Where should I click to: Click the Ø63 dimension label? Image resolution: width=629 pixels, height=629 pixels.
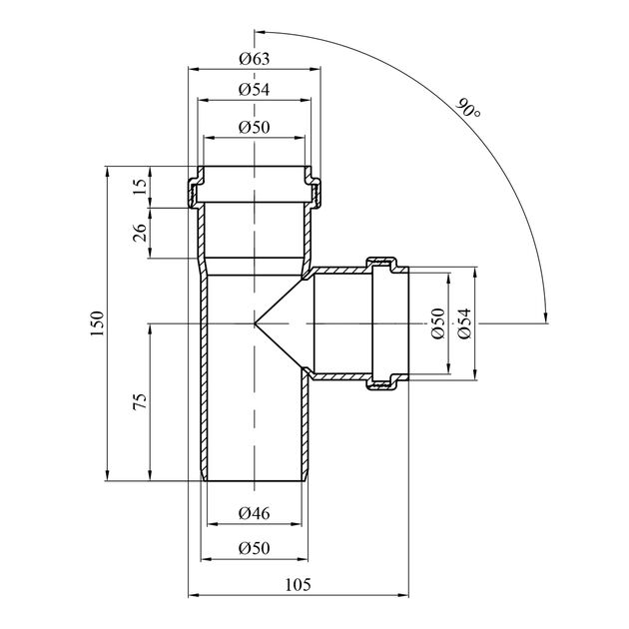[x=256, y=58]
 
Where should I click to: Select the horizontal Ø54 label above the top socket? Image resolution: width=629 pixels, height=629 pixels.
[x=256, y=90]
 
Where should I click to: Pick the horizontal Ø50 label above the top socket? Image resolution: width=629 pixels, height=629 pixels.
[x=256, y=127]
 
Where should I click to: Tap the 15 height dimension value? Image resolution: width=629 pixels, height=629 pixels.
[x=140, y=185]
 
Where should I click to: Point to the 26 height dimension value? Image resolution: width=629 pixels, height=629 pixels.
[x=140, y=232]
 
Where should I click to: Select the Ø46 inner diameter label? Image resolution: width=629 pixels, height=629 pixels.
[x=256, y=513]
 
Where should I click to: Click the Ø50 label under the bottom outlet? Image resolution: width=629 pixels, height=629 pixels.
[x=256, y=548]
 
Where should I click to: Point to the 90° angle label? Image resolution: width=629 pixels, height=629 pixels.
[x=468, y=109]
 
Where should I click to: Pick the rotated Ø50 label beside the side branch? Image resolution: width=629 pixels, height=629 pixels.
[x=436, y=323]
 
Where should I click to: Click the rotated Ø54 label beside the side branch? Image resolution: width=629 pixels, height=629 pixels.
[x=462, y=323]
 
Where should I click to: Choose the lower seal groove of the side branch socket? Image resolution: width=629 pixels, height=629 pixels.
[x=382, y=384]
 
